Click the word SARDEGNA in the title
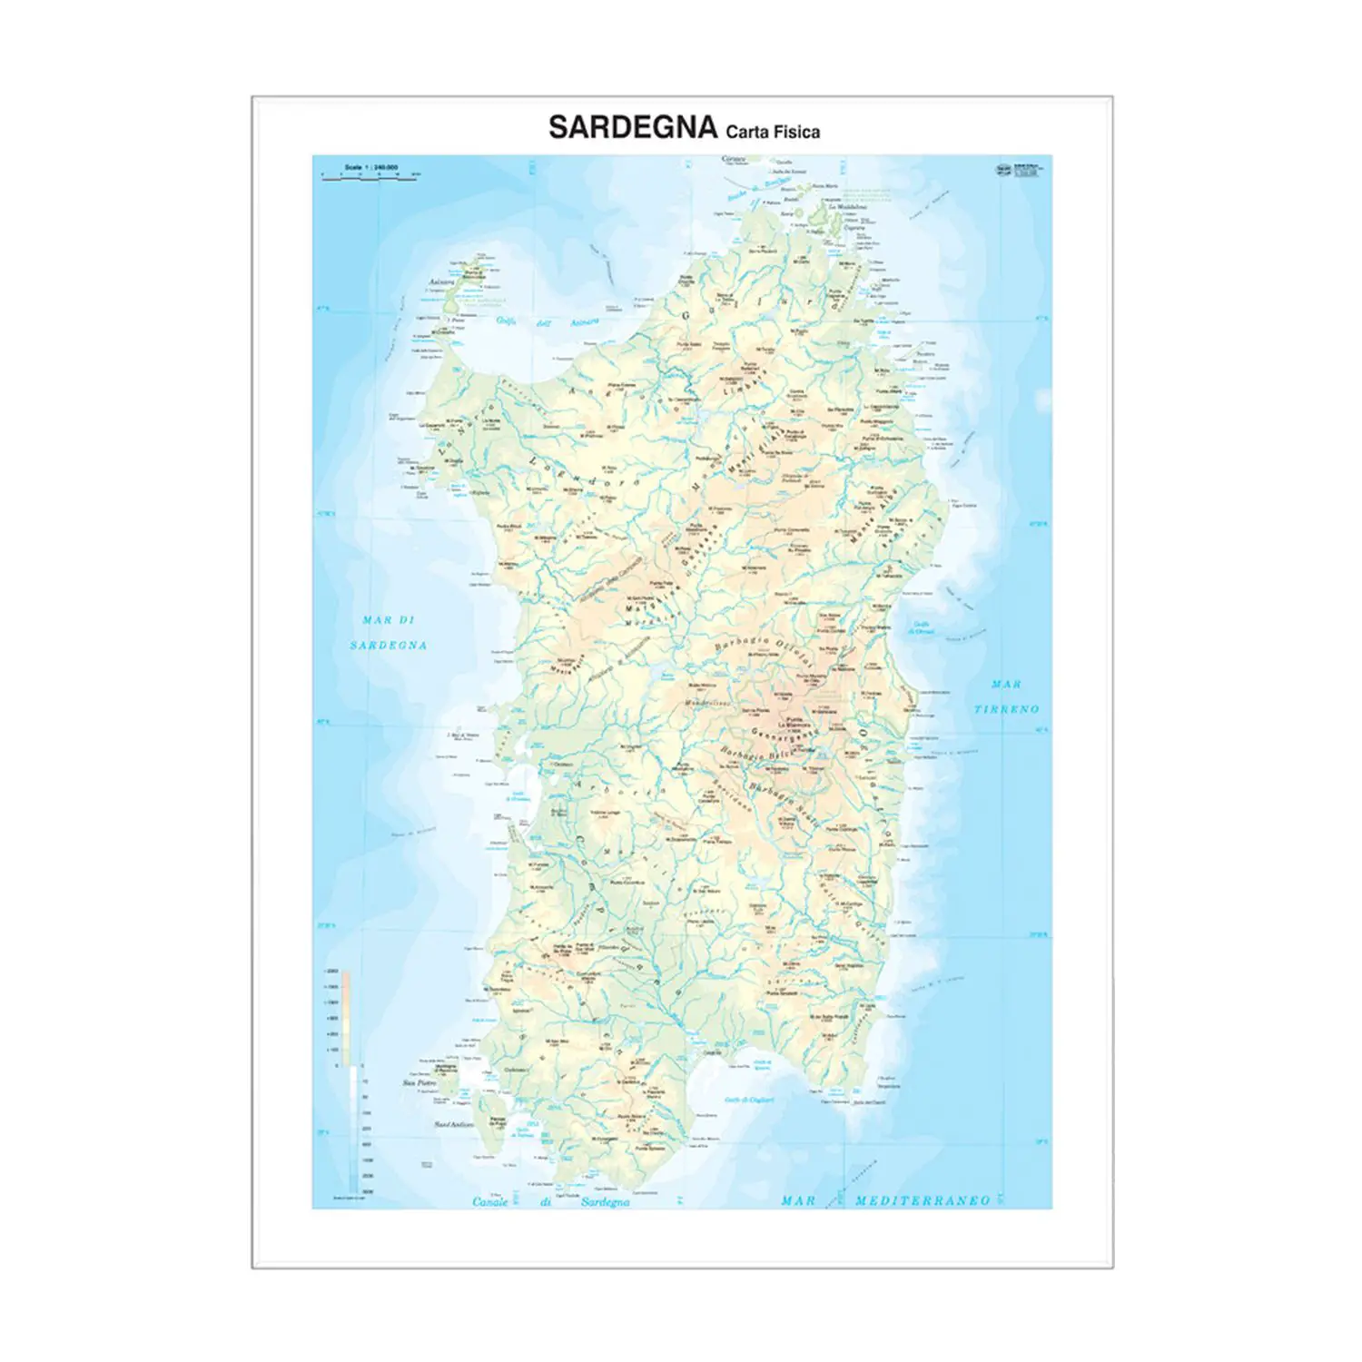point(632,127)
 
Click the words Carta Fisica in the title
point(773,132)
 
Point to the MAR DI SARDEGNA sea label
point(390,633)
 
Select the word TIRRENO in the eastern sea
point(1006,709)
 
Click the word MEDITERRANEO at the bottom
point(923,1200)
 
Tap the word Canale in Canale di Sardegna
point(490,1202)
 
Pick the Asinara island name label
point(441,282)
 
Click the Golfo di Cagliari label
point(748,1100)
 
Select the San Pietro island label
point(419,1083)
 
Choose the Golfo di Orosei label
point(923,627)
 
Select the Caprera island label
point(854,229)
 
